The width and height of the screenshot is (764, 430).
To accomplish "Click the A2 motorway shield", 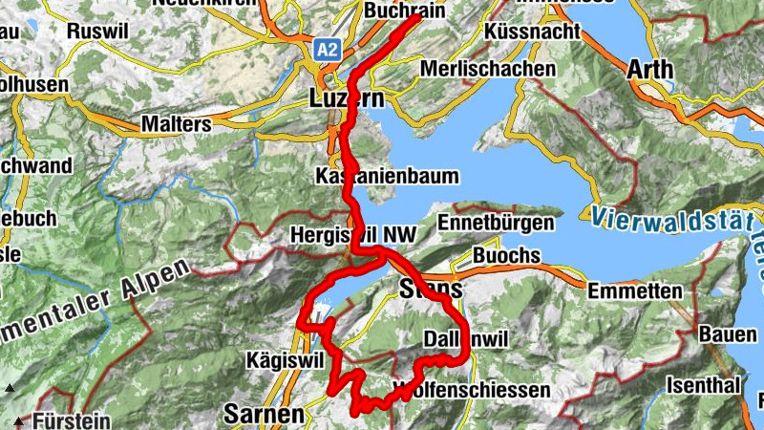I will click(328, 50).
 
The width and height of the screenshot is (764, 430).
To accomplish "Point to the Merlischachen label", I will click(488, 70).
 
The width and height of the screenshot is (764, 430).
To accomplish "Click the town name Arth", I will click(651, 70).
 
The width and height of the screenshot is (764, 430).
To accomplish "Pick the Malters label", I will click(175, 124).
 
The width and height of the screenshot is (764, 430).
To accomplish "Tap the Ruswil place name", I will click(98, 31).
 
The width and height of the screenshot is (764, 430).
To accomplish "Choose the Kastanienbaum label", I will click(387, 177).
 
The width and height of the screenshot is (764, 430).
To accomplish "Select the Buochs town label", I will click(506, 257).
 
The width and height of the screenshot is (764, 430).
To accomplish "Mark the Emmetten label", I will click(635, 290).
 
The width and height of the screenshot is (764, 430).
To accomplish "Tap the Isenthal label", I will click(705, 387).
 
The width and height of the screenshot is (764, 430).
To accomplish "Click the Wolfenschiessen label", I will click(471, 390).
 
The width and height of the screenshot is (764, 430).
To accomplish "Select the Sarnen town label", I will click(264, 415).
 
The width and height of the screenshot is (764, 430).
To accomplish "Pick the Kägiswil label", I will click(286, 359).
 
